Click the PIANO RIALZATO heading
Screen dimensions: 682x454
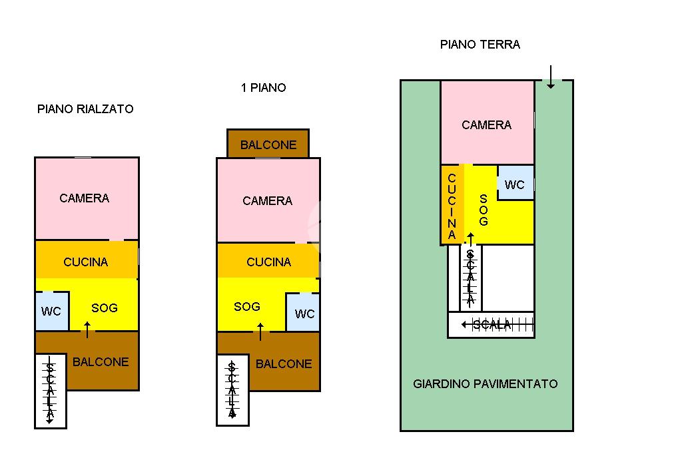pos(85,109)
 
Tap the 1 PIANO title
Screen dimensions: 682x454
pos(264,88)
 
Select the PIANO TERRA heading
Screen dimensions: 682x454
pos(480,45)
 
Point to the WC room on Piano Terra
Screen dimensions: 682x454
pos(515,182)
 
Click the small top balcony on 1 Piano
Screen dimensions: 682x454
pos(268,144)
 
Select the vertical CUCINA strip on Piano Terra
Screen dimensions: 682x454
pos(452,204)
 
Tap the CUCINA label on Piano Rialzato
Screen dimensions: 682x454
pos(86,262)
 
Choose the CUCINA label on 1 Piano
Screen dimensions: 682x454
pos(269,262)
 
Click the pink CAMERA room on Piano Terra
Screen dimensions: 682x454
pos(488,122)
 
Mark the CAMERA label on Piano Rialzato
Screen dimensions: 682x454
pos(85,198)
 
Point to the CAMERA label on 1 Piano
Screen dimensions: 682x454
pos(268,201)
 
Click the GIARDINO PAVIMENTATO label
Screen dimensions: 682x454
pos(486,383)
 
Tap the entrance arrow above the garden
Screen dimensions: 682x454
pos(551,77)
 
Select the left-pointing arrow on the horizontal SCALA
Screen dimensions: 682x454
pos(468,324)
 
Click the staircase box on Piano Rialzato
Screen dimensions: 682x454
pos(51,391)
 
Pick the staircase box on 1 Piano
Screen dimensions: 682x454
pos(232,390)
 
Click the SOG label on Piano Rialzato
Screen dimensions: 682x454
pos(105,308)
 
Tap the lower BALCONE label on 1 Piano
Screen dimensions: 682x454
pos(284,364)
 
